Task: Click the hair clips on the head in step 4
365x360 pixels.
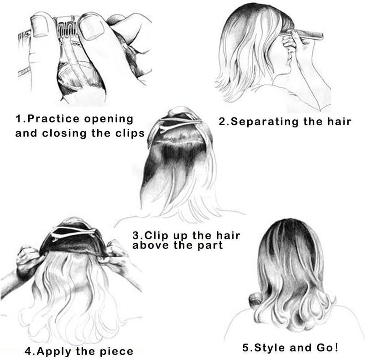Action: [74, 233]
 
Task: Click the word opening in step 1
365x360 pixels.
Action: [109, 119]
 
